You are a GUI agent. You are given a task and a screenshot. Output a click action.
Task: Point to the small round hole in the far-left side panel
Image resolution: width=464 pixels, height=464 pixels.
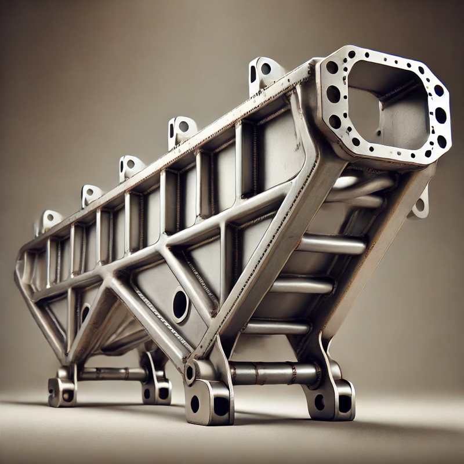(85, 313)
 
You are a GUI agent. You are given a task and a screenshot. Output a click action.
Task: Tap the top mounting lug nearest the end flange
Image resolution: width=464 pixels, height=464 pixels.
(264, 72)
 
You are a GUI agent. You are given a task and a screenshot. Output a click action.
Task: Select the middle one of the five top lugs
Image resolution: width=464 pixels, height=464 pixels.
(130, 166)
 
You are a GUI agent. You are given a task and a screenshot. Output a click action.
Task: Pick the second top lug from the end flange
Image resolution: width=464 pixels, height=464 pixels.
(182, 129)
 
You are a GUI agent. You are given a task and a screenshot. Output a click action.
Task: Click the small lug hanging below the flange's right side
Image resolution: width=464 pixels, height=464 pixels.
(419, 205)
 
